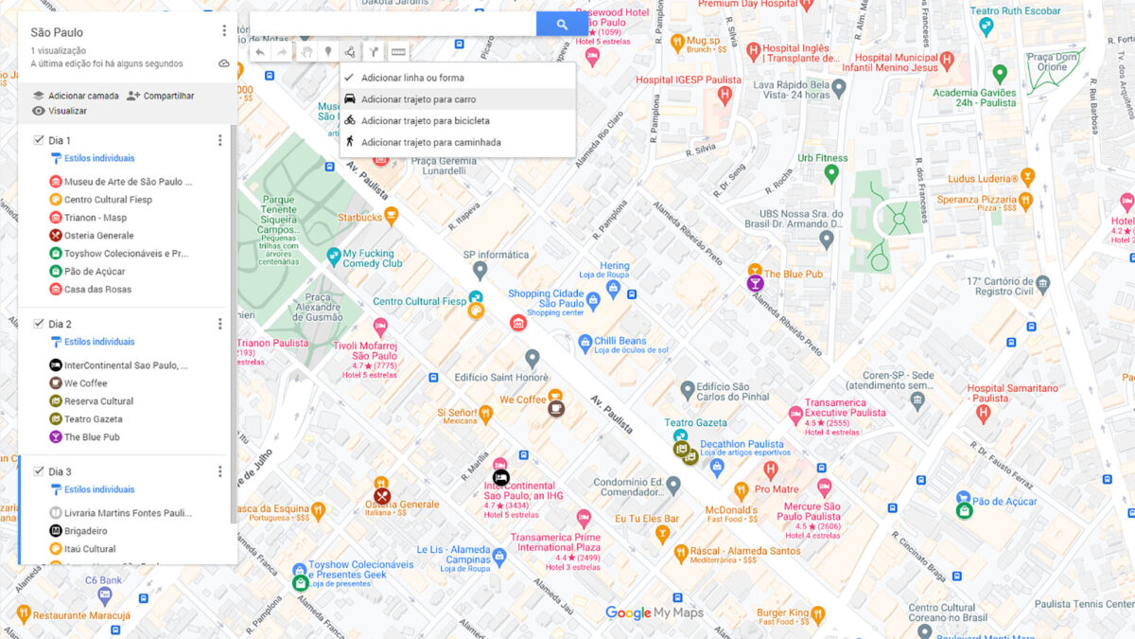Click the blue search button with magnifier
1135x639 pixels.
[x=562, y=25]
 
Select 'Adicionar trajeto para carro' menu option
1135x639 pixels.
[x=418, y=99]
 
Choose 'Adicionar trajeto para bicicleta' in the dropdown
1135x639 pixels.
[x=425, y=121]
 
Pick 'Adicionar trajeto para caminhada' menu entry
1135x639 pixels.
[x=430, y=143]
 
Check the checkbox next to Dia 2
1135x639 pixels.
[x=39, y=324]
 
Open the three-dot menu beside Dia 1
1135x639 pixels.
[x=220, y=140]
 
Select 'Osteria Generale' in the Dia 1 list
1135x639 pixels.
[x=98, y=236]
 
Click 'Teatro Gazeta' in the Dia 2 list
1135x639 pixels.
[x=93, y=419]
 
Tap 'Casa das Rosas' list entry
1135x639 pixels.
[x=97, y=290]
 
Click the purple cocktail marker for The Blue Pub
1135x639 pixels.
[x=755, y=283]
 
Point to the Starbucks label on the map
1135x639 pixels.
[x=359, y=218]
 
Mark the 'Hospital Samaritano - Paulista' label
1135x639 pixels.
[x=1012, y=393]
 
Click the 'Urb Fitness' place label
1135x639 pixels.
[x=822, y=158]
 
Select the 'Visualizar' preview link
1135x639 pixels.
[x=67, y=111]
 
